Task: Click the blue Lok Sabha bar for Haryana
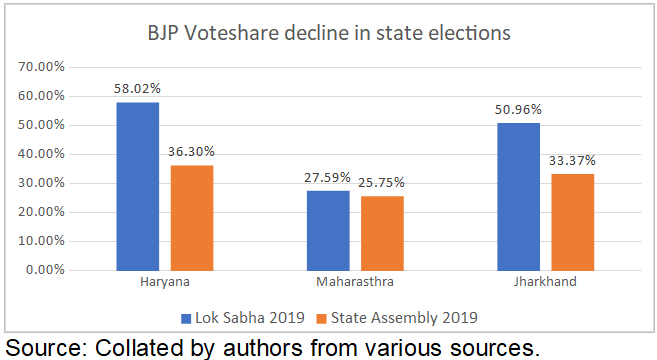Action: pyautogui.click(x=137, y=186)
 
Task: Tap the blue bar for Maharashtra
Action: pyautogui.click(x=327, y=230)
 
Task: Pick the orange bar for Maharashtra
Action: pyautogui.click(x=382, y=233)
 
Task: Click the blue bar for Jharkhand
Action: pyautogui.click(x=517, y=196)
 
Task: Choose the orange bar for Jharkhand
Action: pyautogui.click(x=572, y=221)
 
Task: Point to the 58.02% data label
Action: pyautogui.click(x=137, y=89)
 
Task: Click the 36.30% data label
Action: pyautogui.click(x=192, y=152)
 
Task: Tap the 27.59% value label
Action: pyautogui.click(x=327, y=177)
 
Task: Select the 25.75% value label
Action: pyautogui.click(x=382, y=183)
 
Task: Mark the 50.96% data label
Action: pyautogui.click(x=517, y=110)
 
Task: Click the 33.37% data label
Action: pyautogui.click(x=572, y=160)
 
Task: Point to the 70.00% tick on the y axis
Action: pyautogui.click(x=43, y=66)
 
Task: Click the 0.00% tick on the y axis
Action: pyautogui.click(x=46, y=270)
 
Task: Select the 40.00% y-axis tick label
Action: pyautogui.click(x=43, y=154)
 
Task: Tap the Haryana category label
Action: pyautogui.click(x=165, y=283)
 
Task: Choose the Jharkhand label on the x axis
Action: pyautogui.click(x=545, y=283)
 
